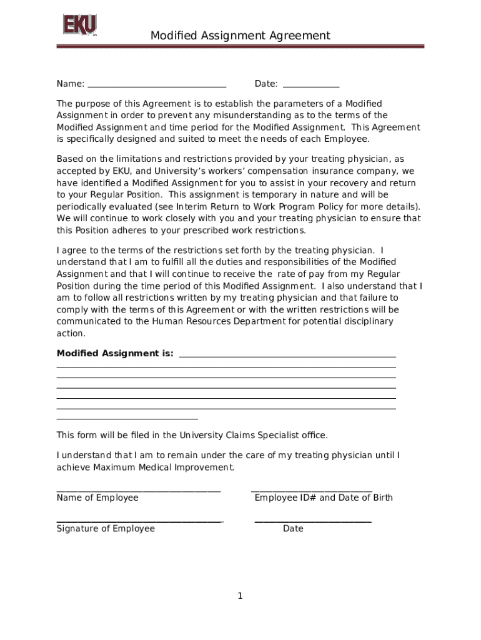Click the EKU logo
tap(79, 26)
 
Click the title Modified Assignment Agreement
tap(240, 36)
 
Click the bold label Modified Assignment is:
tap(116, 354)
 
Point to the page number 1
tap(240, 596)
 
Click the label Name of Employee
tap(97, 498)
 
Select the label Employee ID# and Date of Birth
tap(324, 498)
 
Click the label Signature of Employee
tap(106, 529)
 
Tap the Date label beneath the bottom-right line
tap(293, 529)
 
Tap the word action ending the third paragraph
tap(71, 334)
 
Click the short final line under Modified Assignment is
tap(127, 419)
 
